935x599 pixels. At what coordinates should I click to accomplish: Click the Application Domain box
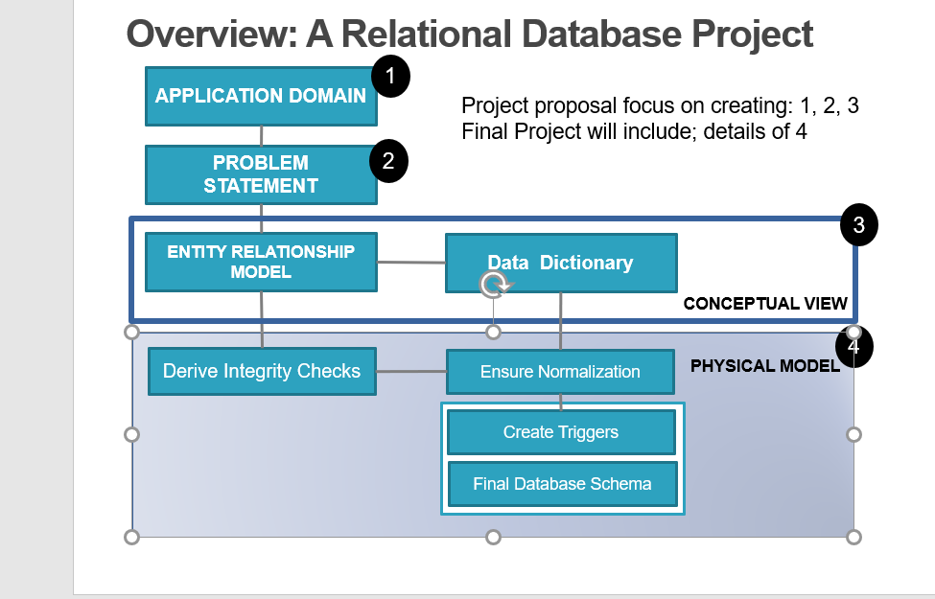pos(261,96)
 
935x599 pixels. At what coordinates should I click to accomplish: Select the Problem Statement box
pos(261,174)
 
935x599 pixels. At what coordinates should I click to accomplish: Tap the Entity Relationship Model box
pos(261,262)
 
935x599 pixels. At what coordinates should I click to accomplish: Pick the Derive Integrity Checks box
pos(262,371)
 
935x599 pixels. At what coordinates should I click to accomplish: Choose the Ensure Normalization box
pos(561,372)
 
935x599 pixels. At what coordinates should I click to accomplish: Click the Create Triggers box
pos(561,432)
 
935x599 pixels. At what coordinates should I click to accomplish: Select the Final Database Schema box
pos(562,484)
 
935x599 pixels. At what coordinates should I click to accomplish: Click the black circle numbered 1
pos(390,77)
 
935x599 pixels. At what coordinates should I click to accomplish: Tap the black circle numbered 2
pos(388,161)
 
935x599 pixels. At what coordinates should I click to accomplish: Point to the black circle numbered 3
pos(858,225)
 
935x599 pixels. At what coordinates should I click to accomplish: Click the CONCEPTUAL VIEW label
pos(765,304)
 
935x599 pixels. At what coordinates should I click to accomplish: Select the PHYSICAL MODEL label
pos(764,365)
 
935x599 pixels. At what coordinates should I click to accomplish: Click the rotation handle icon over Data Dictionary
pos(494,284)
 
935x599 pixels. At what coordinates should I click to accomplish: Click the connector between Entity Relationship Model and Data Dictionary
pos(410,262)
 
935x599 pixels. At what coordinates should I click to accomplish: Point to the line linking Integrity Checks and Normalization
pos(410,371)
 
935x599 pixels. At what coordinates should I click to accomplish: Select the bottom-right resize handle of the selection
pos(853,537)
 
